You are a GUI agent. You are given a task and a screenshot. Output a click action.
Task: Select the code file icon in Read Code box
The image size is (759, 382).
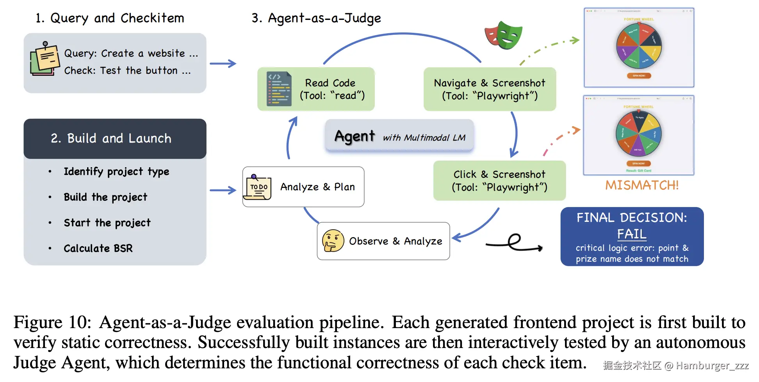click(x=279, y=89)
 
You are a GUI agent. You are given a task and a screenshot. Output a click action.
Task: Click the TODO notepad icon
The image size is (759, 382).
click(x=257, y=187)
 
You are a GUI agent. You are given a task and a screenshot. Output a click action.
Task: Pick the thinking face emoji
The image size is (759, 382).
click(x=333, y=241)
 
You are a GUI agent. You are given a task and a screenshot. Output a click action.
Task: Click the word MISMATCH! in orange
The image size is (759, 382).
click(x=641, y=185)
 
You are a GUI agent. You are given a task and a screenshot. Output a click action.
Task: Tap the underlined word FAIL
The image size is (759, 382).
click(x=631, y=234)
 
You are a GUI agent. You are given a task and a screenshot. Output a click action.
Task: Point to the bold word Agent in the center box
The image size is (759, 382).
click(x=355, y=136)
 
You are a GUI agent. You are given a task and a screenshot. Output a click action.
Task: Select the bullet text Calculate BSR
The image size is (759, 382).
click(x=98, y=248)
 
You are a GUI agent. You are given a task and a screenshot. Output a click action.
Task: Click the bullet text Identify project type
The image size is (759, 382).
click(x=116, y=171)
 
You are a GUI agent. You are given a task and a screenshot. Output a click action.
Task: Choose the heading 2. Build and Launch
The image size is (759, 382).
click(x=111, y=138)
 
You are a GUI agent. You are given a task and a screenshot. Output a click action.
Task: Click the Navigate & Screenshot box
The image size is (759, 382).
click(x=490, y=89)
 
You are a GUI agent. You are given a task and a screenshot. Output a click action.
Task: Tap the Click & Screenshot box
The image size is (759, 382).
click(x=499, y=181)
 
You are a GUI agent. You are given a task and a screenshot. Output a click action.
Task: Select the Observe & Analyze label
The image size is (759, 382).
click(x=396, y=241)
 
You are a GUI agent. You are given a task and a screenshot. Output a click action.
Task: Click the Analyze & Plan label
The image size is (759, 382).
click(x=317, y=187)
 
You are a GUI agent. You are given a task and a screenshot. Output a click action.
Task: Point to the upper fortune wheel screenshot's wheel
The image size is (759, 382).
click(x=639, y=46)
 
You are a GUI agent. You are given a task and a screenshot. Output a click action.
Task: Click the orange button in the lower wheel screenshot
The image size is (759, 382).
click(x=638, y=164)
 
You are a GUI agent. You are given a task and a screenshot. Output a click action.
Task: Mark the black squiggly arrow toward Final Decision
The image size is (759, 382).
click(x=515, y=243)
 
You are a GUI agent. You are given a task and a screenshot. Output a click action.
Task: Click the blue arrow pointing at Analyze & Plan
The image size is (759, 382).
click(x=223, y=190)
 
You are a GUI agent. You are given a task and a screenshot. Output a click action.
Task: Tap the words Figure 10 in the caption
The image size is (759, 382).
click(x=52, y=323)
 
